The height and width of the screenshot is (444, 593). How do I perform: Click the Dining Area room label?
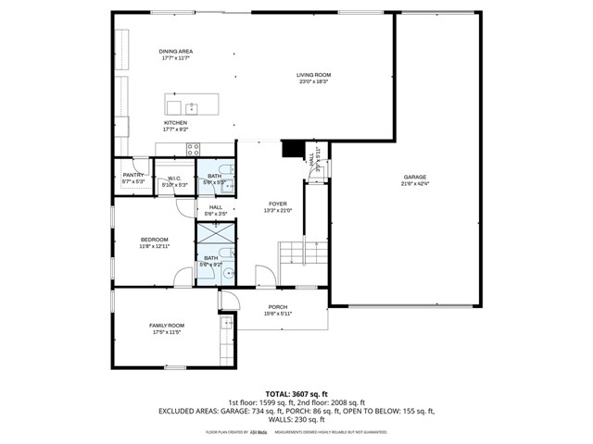pos(175,53)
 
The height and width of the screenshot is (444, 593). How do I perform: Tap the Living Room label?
pos(313,75)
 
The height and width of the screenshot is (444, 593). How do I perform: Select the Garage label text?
pos(414,176)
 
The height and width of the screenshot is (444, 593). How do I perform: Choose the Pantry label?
pos(133,174)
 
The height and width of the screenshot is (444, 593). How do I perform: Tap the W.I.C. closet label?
pos(174,179)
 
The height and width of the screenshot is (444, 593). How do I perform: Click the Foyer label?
pos(278,203)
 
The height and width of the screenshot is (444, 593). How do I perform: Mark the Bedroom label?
pos(154,240)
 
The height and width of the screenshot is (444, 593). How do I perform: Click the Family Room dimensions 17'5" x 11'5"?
pos(168,331)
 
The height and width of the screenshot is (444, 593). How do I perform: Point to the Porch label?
pos(278,307)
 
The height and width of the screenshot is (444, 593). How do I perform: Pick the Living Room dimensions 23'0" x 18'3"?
pos(313,81)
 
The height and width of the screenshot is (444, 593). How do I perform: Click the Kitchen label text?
pos(175,122)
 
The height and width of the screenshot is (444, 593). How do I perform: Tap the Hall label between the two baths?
pos(216,207)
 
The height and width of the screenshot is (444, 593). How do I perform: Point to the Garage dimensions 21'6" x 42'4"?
pos(414,182)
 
